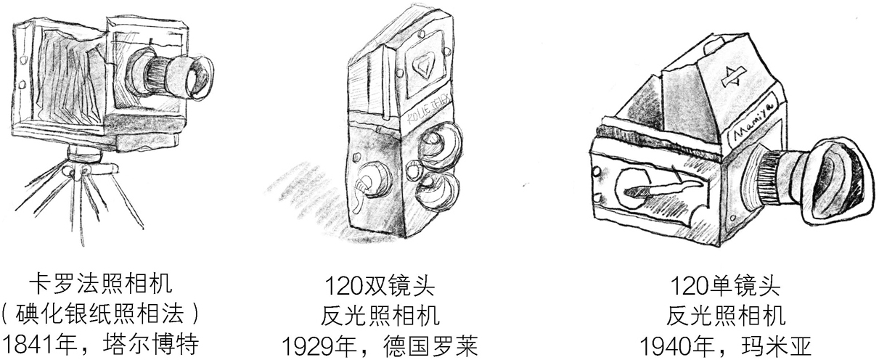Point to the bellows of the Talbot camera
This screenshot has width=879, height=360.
click(62, 80)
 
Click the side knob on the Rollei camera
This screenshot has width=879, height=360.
click(370, 181)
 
